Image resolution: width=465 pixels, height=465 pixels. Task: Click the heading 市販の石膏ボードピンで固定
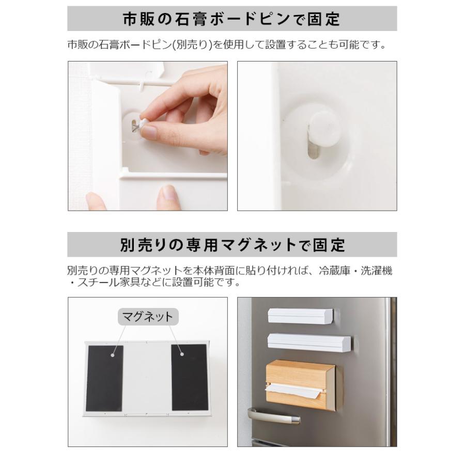[x=232, y=19]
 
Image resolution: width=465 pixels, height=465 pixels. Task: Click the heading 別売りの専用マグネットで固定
[x=232, y=244]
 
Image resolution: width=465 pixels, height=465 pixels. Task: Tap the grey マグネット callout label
[x=148, y=317]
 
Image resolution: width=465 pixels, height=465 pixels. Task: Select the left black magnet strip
[x=105, y=378]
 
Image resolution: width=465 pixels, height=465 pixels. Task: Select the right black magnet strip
[x=190, y=378]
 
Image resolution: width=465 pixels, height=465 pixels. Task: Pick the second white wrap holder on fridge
[x=308, y=341]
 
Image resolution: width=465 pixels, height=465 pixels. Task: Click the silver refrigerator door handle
[x=272, y=416]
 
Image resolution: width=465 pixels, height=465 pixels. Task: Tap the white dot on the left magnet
[x=112, y=354]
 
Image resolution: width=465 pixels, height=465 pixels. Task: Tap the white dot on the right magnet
[x=181, y=354]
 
